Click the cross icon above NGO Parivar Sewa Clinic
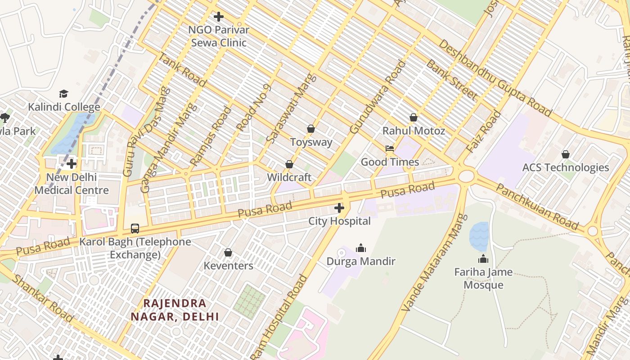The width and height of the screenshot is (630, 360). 219,17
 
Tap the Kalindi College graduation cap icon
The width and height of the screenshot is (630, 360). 64,94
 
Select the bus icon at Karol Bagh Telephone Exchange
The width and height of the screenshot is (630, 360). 135,228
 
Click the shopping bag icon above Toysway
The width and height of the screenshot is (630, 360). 310,129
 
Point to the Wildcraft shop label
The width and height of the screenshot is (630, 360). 289,177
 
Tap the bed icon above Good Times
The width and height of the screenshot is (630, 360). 390,148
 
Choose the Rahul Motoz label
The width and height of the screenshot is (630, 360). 414,131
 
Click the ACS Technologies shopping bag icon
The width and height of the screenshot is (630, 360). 566,154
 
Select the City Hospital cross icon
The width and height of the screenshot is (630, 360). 339,208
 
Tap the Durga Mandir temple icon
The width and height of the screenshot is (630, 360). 360,248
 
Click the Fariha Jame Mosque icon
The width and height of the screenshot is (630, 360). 483,259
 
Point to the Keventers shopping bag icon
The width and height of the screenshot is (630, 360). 228,252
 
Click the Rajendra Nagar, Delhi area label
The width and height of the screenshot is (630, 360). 175,310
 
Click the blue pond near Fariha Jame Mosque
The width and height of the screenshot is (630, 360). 479,236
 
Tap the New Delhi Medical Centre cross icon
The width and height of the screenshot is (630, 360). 72,164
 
